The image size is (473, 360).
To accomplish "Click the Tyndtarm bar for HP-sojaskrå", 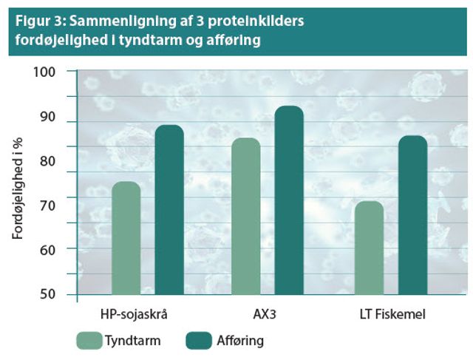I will pyautogui.click(x=126, y=238).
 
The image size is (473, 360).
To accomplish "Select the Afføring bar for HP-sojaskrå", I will pyautogui.click(x=169, y=210).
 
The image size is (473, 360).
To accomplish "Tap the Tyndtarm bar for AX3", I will pyautogui.click(x=245, y=217).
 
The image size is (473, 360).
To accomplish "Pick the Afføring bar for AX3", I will pyautogui.click(x=289, y=200).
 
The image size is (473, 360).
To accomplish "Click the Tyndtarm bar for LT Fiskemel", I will pyautogui.click(x=369, y=248).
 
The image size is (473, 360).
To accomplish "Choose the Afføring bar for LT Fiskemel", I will pyautogui.click(x=412, y=215).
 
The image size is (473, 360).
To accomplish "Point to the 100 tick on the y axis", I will pyautogui.click(x=53, y=72).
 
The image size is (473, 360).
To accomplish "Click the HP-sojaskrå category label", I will pyautogui.click(x=134, y=313).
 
